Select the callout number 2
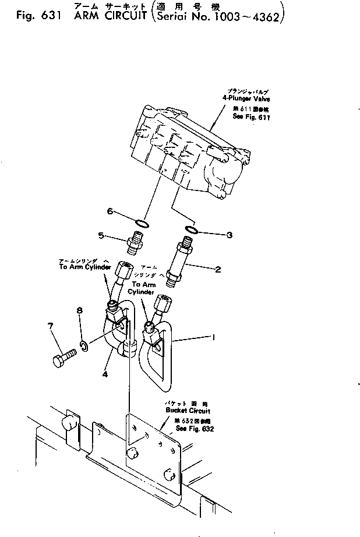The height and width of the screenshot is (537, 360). pos(217,269)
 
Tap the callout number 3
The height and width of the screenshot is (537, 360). pos(229,235)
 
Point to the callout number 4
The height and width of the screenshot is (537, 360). pos(105,375)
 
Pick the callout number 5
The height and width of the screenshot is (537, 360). pos(101,236)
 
